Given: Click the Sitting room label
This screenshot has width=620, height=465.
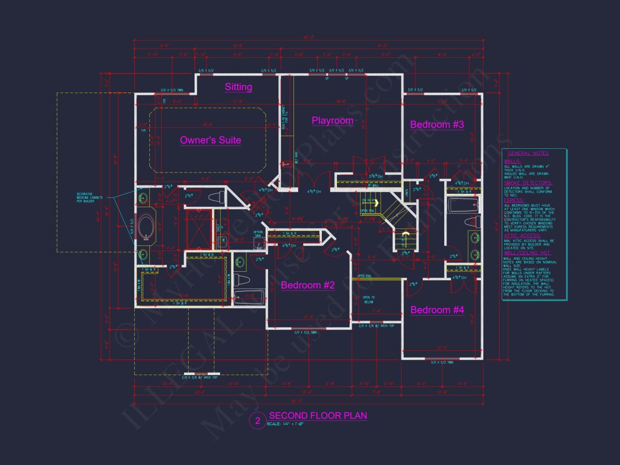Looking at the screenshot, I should point(238,87).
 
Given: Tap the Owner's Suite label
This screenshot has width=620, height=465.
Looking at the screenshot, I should point(210,140).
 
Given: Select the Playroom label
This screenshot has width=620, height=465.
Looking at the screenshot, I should point(332,120).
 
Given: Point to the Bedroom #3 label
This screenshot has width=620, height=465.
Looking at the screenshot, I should point(437,125).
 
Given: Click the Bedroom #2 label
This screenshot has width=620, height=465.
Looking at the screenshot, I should point(308,285).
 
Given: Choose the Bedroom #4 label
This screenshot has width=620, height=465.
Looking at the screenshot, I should point(437,310).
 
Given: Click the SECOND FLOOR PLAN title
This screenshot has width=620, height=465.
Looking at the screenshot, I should point(318,415).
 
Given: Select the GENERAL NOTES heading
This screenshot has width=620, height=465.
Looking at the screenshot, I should point(528,153).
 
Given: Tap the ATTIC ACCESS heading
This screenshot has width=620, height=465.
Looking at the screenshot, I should point(522,235).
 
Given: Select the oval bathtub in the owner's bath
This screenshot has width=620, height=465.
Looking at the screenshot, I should point(147,227).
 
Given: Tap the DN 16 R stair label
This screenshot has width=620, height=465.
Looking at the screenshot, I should point(367,200).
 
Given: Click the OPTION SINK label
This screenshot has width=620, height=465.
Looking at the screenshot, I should point(258,234).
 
